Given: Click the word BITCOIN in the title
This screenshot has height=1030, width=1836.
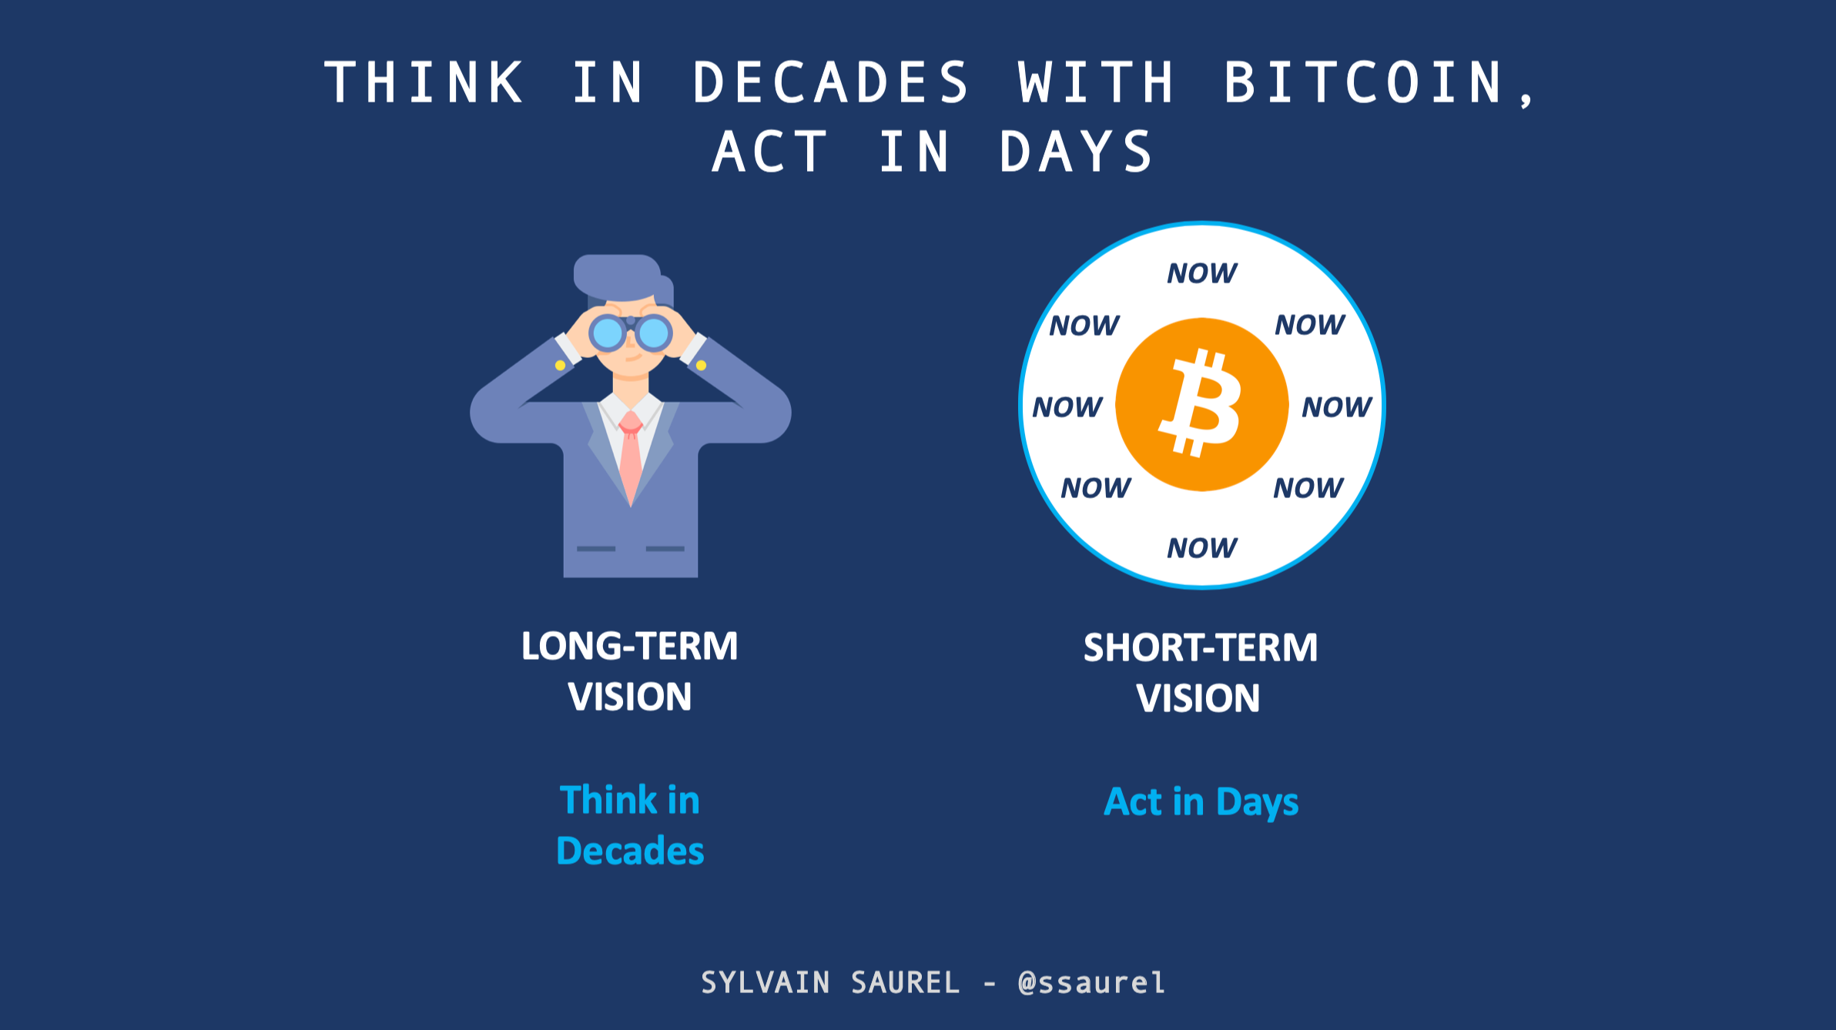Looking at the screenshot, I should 1363,82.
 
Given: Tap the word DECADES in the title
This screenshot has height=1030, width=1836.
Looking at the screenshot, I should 831,82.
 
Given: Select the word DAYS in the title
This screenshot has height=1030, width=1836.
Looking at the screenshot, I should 1076,152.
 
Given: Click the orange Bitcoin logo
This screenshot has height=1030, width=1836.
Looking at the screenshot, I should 1201,404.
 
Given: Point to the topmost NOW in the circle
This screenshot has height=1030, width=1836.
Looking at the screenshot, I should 1201,273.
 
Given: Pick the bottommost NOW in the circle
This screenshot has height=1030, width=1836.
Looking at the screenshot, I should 1201,548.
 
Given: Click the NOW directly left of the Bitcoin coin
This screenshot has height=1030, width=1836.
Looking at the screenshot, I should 1067,406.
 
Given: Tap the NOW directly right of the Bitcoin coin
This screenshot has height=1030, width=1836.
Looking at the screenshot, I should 1337,406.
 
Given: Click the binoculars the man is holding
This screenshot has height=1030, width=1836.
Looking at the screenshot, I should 630,333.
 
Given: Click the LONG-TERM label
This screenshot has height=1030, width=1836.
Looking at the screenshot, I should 629,646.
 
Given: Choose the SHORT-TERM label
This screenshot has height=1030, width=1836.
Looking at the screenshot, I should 1200,647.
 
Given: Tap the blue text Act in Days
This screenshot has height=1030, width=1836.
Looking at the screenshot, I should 1201,802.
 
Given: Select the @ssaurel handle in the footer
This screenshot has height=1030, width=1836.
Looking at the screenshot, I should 1091,983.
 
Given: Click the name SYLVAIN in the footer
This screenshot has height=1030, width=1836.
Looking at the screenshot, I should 766,983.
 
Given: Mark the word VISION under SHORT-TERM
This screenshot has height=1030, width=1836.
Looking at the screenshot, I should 1198,698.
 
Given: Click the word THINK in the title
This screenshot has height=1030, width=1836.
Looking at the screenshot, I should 424,82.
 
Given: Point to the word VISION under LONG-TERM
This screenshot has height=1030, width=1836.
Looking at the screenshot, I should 629,697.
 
